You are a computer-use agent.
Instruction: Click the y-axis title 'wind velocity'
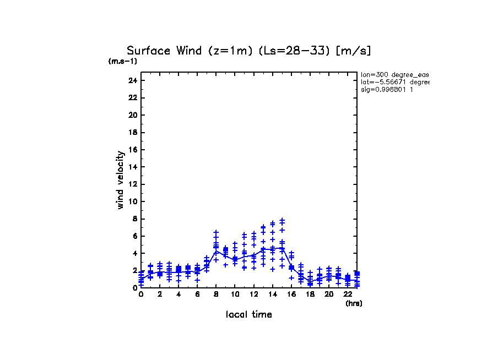pyautogui.click(x=120, y=180)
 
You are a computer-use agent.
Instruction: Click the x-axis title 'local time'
pyautogui.click(x=248, y=314)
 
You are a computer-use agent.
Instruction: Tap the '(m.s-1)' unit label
pyautogui.click(x=122, y=61)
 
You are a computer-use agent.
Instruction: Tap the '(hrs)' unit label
pyautogui.click(x=354, y=303)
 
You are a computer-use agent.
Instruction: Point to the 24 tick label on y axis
pyautogui.click(x=132, y=80)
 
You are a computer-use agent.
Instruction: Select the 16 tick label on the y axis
pyautogui.click(x=132, y=150)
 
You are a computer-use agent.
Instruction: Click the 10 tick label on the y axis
pyautogui.click(x=132, y=201)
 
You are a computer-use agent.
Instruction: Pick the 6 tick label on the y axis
pyautogui.click(x=134, y=236)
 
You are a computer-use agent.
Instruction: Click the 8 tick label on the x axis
pyautogui.click(x=216, y=294)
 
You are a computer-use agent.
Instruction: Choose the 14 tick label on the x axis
pyautogui.click(x=272, y=294)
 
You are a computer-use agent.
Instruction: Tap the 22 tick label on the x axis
pyautogui.click(x=347, y=294)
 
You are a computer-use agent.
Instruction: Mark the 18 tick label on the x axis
pyautogui.click(x=310, y=294)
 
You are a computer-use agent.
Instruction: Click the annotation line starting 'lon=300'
pyautogui.click(x=394, y=74)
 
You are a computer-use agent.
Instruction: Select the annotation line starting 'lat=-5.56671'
pyautogui.click(x=394, y=81)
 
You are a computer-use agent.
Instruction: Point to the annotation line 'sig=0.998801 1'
pyautogui.click(x=387, y=89)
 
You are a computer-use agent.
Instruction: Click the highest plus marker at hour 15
pyautogui.click(x=282, y=220)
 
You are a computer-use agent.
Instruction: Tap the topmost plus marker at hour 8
pyautogui.click(x=216, y=232)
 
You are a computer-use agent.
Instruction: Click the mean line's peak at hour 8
pyautogui.click(x=216, y=250)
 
